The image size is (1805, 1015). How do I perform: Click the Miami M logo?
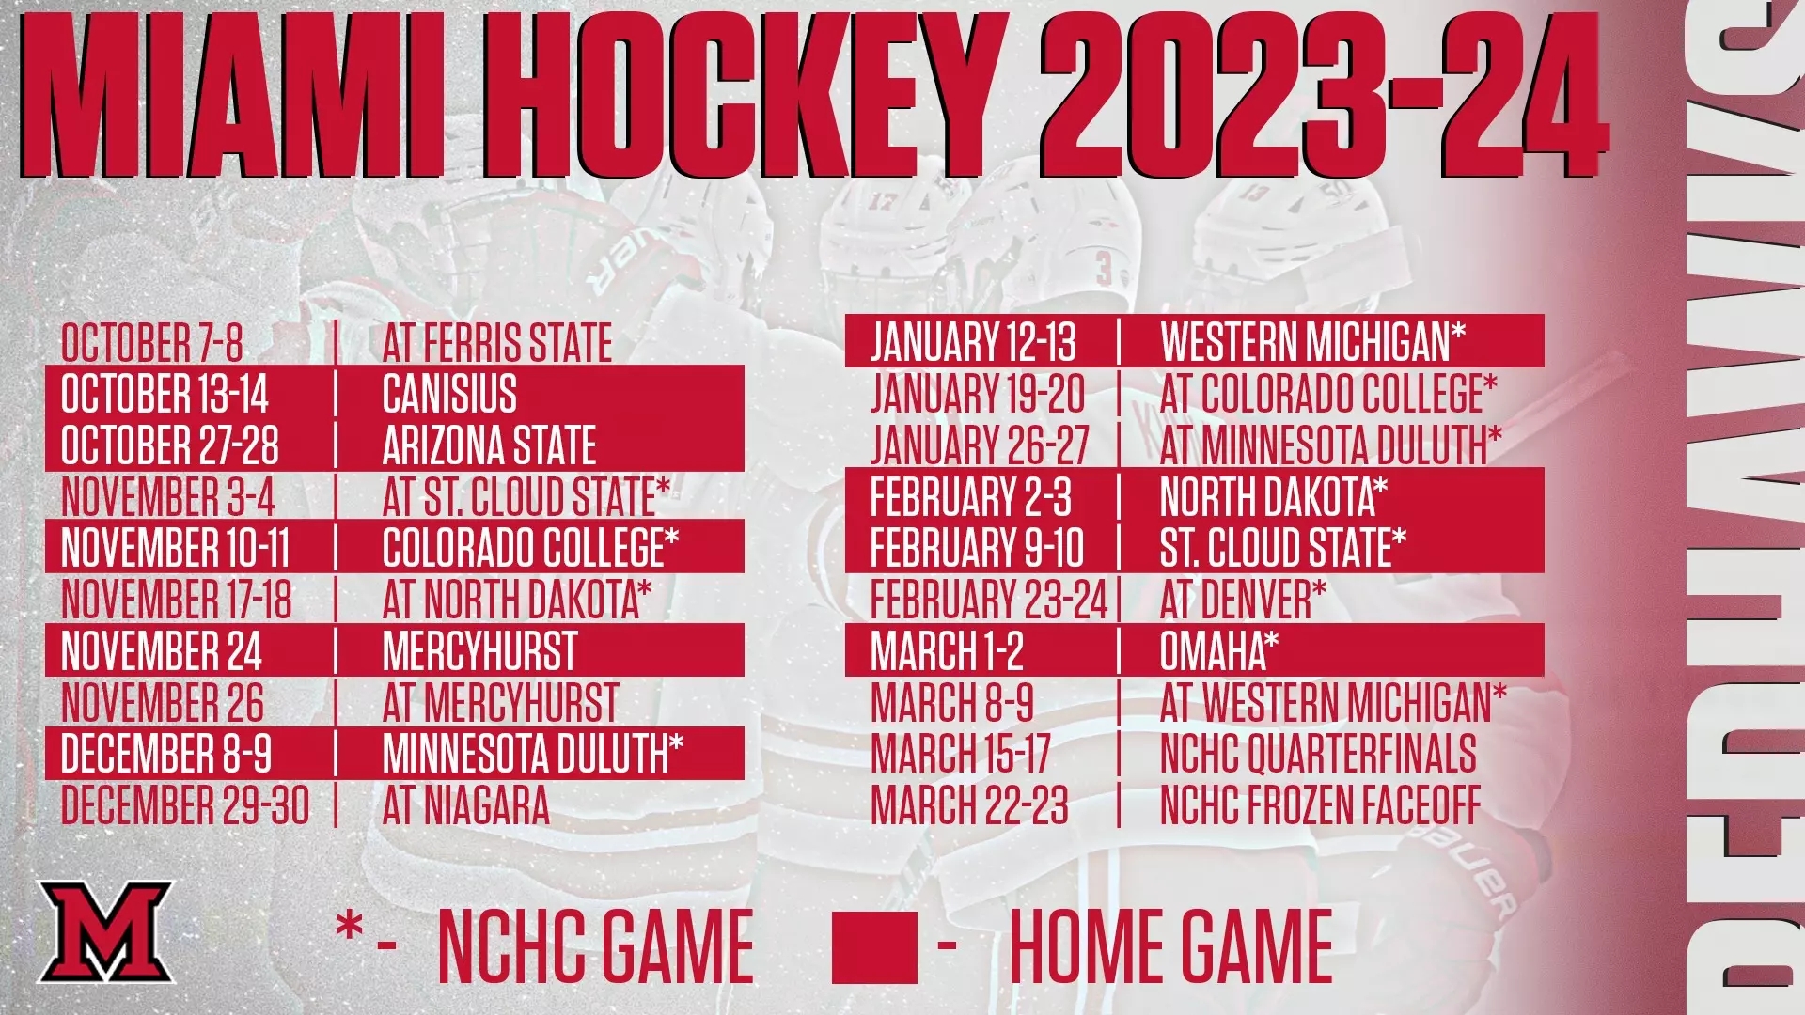[x=105, y=931]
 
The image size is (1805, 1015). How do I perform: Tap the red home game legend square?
[x=874, y=946]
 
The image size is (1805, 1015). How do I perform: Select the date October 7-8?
[x=152, y=342]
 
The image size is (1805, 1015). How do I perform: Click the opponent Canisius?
[x=449, y=394]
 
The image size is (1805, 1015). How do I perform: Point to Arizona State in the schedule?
[x=489, y=445]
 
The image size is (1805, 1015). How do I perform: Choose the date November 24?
[x=162, y=651]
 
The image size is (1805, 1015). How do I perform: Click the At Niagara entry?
[x=465, y=805]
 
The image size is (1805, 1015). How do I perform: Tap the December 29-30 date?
[x=185, y=805]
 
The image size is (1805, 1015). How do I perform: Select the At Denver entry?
[x=1243, y=600]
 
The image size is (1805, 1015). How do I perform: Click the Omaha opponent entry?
[x=1219, y=651]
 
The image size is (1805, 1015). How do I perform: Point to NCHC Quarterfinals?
[x=1318, y=754]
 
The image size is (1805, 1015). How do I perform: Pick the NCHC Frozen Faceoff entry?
[x=1320, y=805]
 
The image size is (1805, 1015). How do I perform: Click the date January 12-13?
[x=973, y=342]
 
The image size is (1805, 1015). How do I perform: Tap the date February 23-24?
[x=989, y=600]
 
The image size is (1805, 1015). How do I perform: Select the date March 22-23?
[x=969, y=805]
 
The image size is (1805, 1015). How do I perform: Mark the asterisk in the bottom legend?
[x=349, y=929]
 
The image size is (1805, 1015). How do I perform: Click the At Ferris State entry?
[x=496, y=342]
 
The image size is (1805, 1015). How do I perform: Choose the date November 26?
[x=163, y=702]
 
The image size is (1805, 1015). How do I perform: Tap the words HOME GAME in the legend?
[x=1171, y=945]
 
